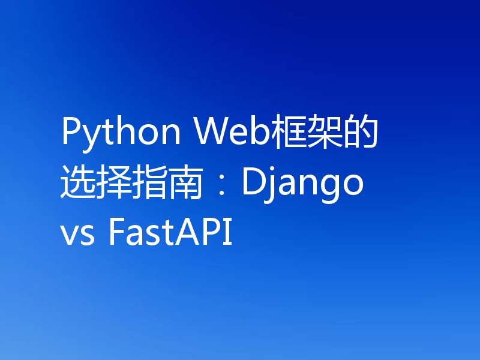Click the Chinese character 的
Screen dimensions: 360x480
click(362, 133)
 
